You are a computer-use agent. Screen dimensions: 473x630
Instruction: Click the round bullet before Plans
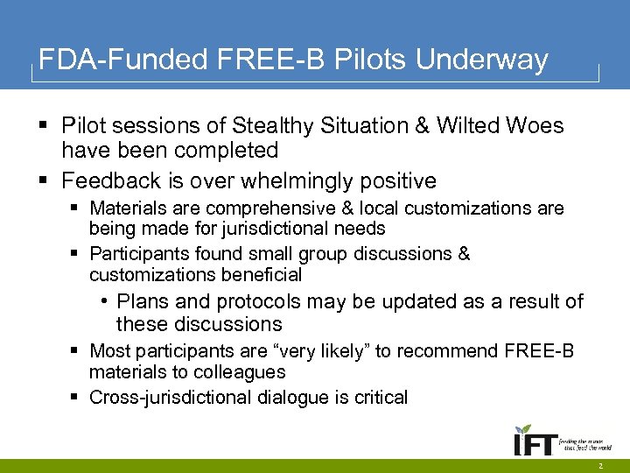point(104,301)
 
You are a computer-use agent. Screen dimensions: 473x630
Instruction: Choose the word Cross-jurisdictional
point(171,398)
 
